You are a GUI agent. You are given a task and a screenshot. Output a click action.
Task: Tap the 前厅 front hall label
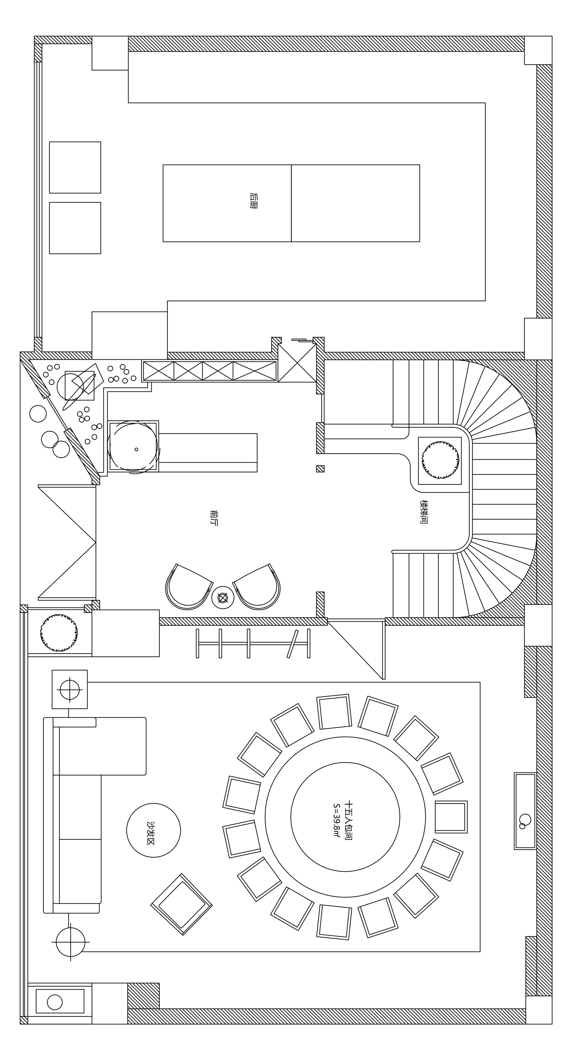pyautogui.click(x=213, y=518)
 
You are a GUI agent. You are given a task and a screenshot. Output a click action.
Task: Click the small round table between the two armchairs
pyautogui.click(x=223, y=598)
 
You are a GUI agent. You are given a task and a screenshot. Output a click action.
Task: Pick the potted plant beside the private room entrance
pyautogui.click(x=59, y=632)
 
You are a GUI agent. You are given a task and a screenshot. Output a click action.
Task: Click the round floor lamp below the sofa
pyautogui.click(x=70, y=942)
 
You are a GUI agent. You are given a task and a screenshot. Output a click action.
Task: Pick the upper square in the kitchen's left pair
pyautogui.click(x=75, y=167)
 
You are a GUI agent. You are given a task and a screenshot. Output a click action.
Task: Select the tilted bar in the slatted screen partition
pyautogui.click(x=293, y=644)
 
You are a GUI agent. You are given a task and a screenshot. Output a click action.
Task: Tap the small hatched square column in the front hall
pyautogui.click(x=320, y=469)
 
